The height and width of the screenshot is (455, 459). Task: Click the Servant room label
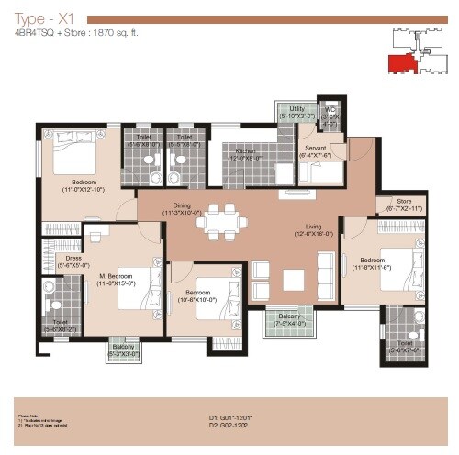pos(316,150)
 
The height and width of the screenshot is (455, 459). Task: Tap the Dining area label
pos(181,209)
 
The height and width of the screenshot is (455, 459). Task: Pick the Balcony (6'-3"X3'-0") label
pos(123,350)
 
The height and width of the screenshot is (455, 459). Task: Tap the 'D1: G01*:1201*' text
pos(237,417)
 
